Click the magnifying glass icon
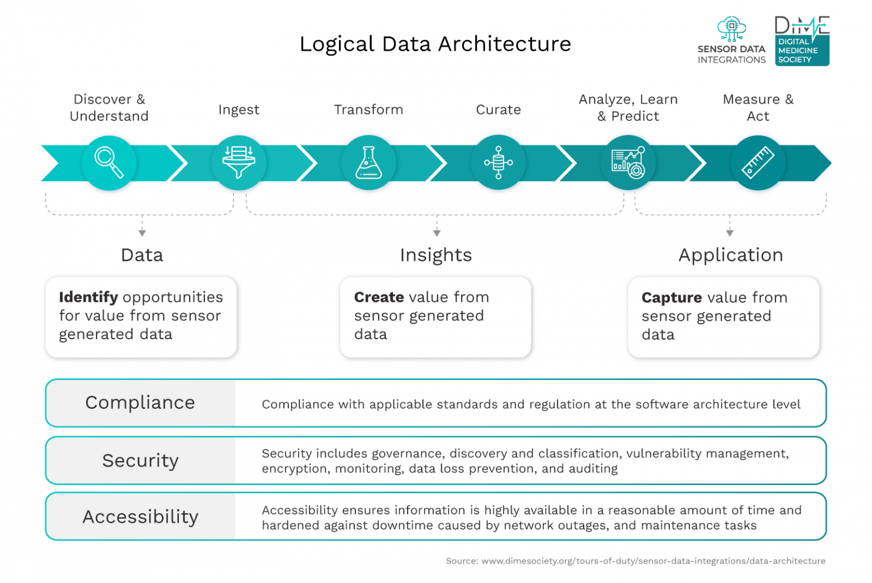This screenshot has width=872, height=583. click(109, 163)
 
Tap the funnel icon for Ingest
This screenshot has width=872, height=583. click(239, 163)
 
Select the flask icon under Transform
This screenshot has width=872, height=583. click(368, 163)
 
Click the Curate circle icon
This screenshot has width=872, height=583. click(498, 163)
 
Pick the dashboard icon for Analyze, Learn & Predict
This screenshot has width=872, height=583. click(628, 163)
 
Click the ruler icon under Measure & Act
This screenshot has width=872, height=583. click(758, 163)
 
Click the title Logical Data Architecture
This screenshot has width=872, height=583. click(435, 44)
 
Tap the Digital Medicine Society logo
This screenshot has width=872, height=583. click(802, 41)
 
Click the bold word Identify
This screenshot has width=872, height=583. click(89, 297)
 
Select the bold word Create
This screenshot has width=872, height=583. click(379, 297)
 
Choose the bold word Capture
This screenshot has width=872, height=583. click(672, 298)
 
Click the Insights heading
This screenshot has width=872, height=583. click(435, 255)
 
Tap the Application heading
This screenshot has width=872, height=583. click(731, 255)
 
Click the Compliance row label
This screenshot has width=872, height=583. click(140, 403)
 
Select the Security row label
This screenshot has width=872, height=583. click(140, 461)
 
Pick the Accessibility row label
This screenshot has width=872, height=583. click(140, 517)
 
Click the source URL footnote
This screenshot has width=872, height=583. click(635, 561)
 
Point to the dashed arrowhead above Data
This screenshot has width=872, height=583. click(142, 233)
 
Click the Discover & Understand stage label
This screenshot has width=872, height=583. click(109, 108)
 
